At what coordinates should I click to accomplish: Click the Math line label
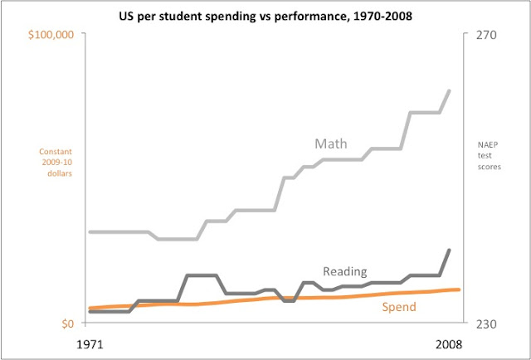click(330, 144)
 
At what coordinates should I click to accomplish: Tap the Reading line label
click(344, 270)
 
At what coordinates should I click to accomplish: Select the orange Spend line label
click(398, 308)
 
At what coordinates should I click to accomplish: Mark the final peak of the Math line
click(450, 90)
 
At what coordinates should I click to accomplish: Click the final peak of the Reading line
click(450, 250)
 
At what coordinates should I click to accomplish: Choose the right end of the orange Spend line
click(459, 289)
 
